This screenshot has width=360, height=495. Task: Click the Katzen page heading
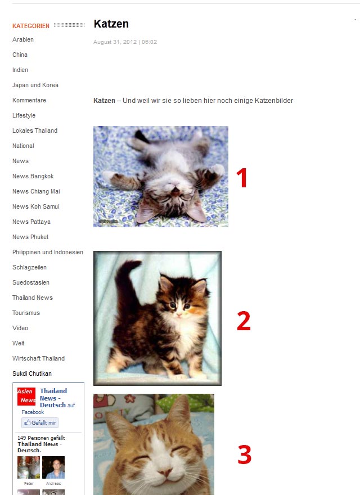(x=111, y=24)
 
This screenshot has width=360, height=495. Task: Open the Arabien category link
(x=23, y=39)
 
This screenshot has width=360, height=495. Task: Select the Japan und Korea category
(x=35, y=85)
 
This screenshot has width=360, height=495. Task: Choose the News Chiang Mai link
(x=36, y=191)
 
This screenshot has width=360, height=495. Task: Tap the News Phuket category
(x=30, y=237)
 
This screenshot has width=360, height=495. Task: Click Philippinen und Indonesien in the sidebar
(x=48, y=252)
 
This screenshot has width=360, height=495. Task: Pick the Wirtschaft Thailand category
(x=38, y=358)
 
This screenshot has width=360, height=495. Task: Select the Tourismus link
(x=26, y=313)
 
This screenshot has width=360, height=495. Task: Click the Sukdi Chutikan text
(x=32, y=373)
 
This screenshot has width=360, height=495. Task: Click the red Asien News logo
(x=26, y=396)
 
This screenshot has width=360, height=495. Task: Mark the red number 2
(x=244, y=321)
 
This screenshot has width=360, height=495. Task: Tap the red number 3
(x=245, y=454)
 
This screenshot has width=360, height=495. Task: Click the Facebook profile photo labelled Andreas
(x=53, y=467)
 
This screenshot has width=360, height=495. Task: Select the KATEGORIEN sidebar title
(x=30, y=26)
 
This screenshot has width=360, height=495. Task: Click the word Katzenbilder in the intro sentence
(x=274, y=101)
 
